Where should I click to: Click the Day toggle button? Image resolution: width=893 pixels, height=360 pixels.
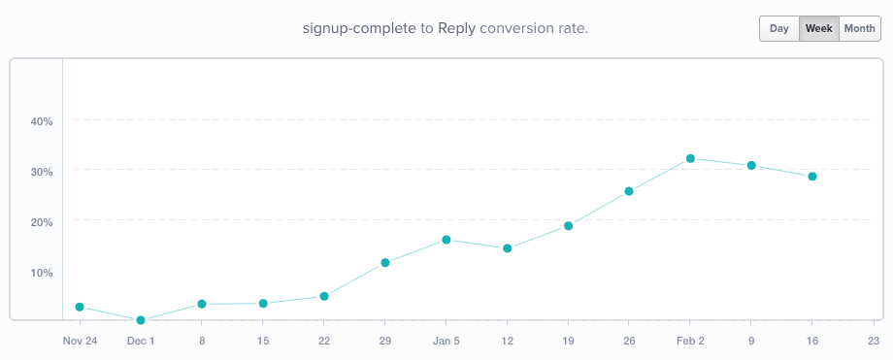click(x=778, y=28)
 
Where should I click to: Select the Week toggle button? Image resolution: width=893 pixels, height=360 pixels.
click(x=818, y=28)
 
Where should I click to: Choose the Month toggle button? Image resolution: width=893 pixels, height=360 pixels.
click(x=859, y=28)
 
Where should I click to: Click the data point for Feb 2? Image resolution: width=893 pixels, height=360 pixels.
click(x=690, y=158)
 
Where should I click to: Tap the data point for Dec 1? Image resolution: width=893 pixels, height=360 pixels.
click(x=141, y=320)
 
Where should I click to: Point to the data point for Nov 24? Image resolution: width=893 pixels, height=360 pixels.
click(x=80, y=308)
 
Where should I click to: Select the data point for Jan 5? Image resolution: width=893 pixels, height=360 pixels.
click(x=446, y=240)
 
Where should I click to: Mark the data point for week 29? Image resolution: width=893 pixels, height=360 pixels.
click(x=385, y=263)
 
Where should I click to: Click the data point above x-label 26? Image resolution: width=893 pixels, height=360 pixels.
click(x=629, y=191)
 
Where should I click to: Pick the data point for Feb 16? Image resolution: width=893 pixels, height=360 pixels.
click(x=812, y=177)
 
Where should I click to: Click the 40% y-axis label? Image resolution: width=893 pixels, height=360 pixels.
click(x=41, y=121)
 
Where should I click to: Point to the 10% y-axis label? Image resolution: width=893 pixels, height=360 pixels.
click(x=41, y=272)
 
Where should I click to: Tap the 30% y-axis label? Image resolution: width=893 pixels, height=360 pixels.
click(x=41, y=171)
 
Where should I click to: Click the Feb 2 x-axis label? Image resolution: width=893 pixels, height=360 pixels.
click(x=689, y=341)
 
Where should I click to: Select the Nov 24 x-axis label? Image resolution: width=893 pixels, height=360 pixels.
click(x=80, y=341)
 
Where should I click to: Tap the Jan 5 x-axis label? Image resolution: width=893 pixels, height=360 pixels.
click(x=446, y=341)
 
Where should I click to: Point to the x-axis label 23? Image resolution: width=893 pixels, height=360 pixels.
click(x=873, y=341)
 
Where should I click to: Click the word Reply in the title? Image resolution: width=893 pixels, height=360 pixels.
click(x=457, y=28)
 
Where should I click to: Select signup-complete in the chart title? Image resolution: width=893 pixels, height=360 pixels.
click(x=359, y=28)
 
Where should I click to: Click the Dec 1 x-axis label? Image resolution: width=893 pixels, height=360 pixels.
click(x=141, y=341)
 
